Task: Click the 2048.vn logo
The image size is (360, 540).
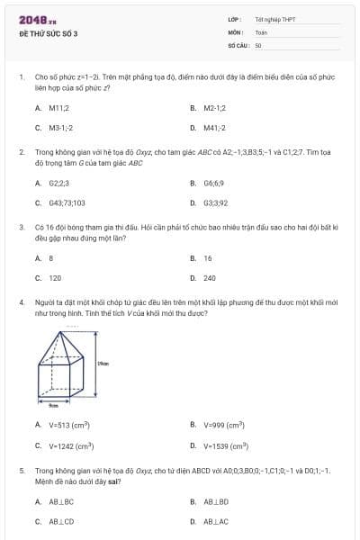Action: [36, 19]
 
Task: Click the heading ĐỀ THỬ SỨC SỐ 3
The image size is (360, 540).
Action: [49, 33]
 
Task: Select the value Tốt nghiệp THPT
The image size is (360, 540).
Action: [275, 19]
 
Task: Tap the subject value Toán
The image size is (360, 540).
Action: [261, 31]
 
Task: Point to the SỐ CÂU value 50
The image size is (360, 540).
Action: [258, 44]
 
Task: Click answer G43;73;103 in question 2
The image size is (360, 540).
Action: [67, 202]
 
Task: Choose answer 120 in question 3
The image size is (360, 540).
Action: [55, 278]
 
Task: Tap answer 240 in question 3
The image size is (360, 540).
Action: [210, 278]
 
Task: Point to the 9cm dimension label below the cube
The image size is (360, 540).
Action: [53, 407]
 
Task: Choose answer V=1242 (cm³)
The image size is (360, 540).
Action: [71, 445]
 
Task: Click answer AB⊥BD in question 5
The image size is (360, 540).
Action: [216, 501]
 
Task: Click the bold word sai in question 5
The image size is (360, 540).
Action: [114, 481]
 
